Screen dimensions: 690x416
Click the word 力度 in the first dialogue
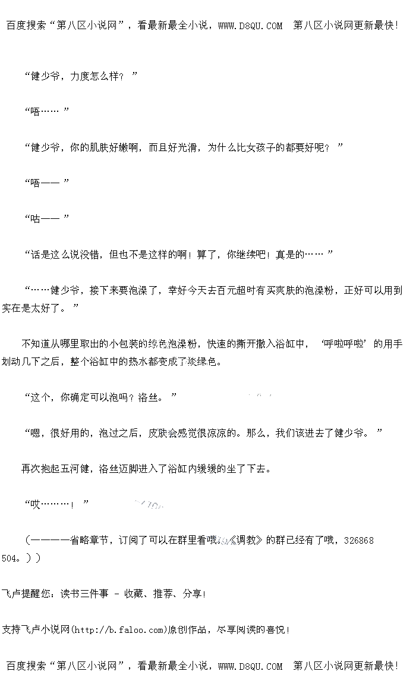pos(79,76)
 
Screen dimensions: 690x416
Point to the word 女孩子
pos(270,148)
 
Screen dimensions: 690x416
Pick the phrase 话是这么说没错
pos(65,255)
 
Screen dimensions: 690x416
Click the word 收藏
pos(133,594)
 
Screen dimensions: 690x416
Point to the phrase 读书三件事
pos(84,594)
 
